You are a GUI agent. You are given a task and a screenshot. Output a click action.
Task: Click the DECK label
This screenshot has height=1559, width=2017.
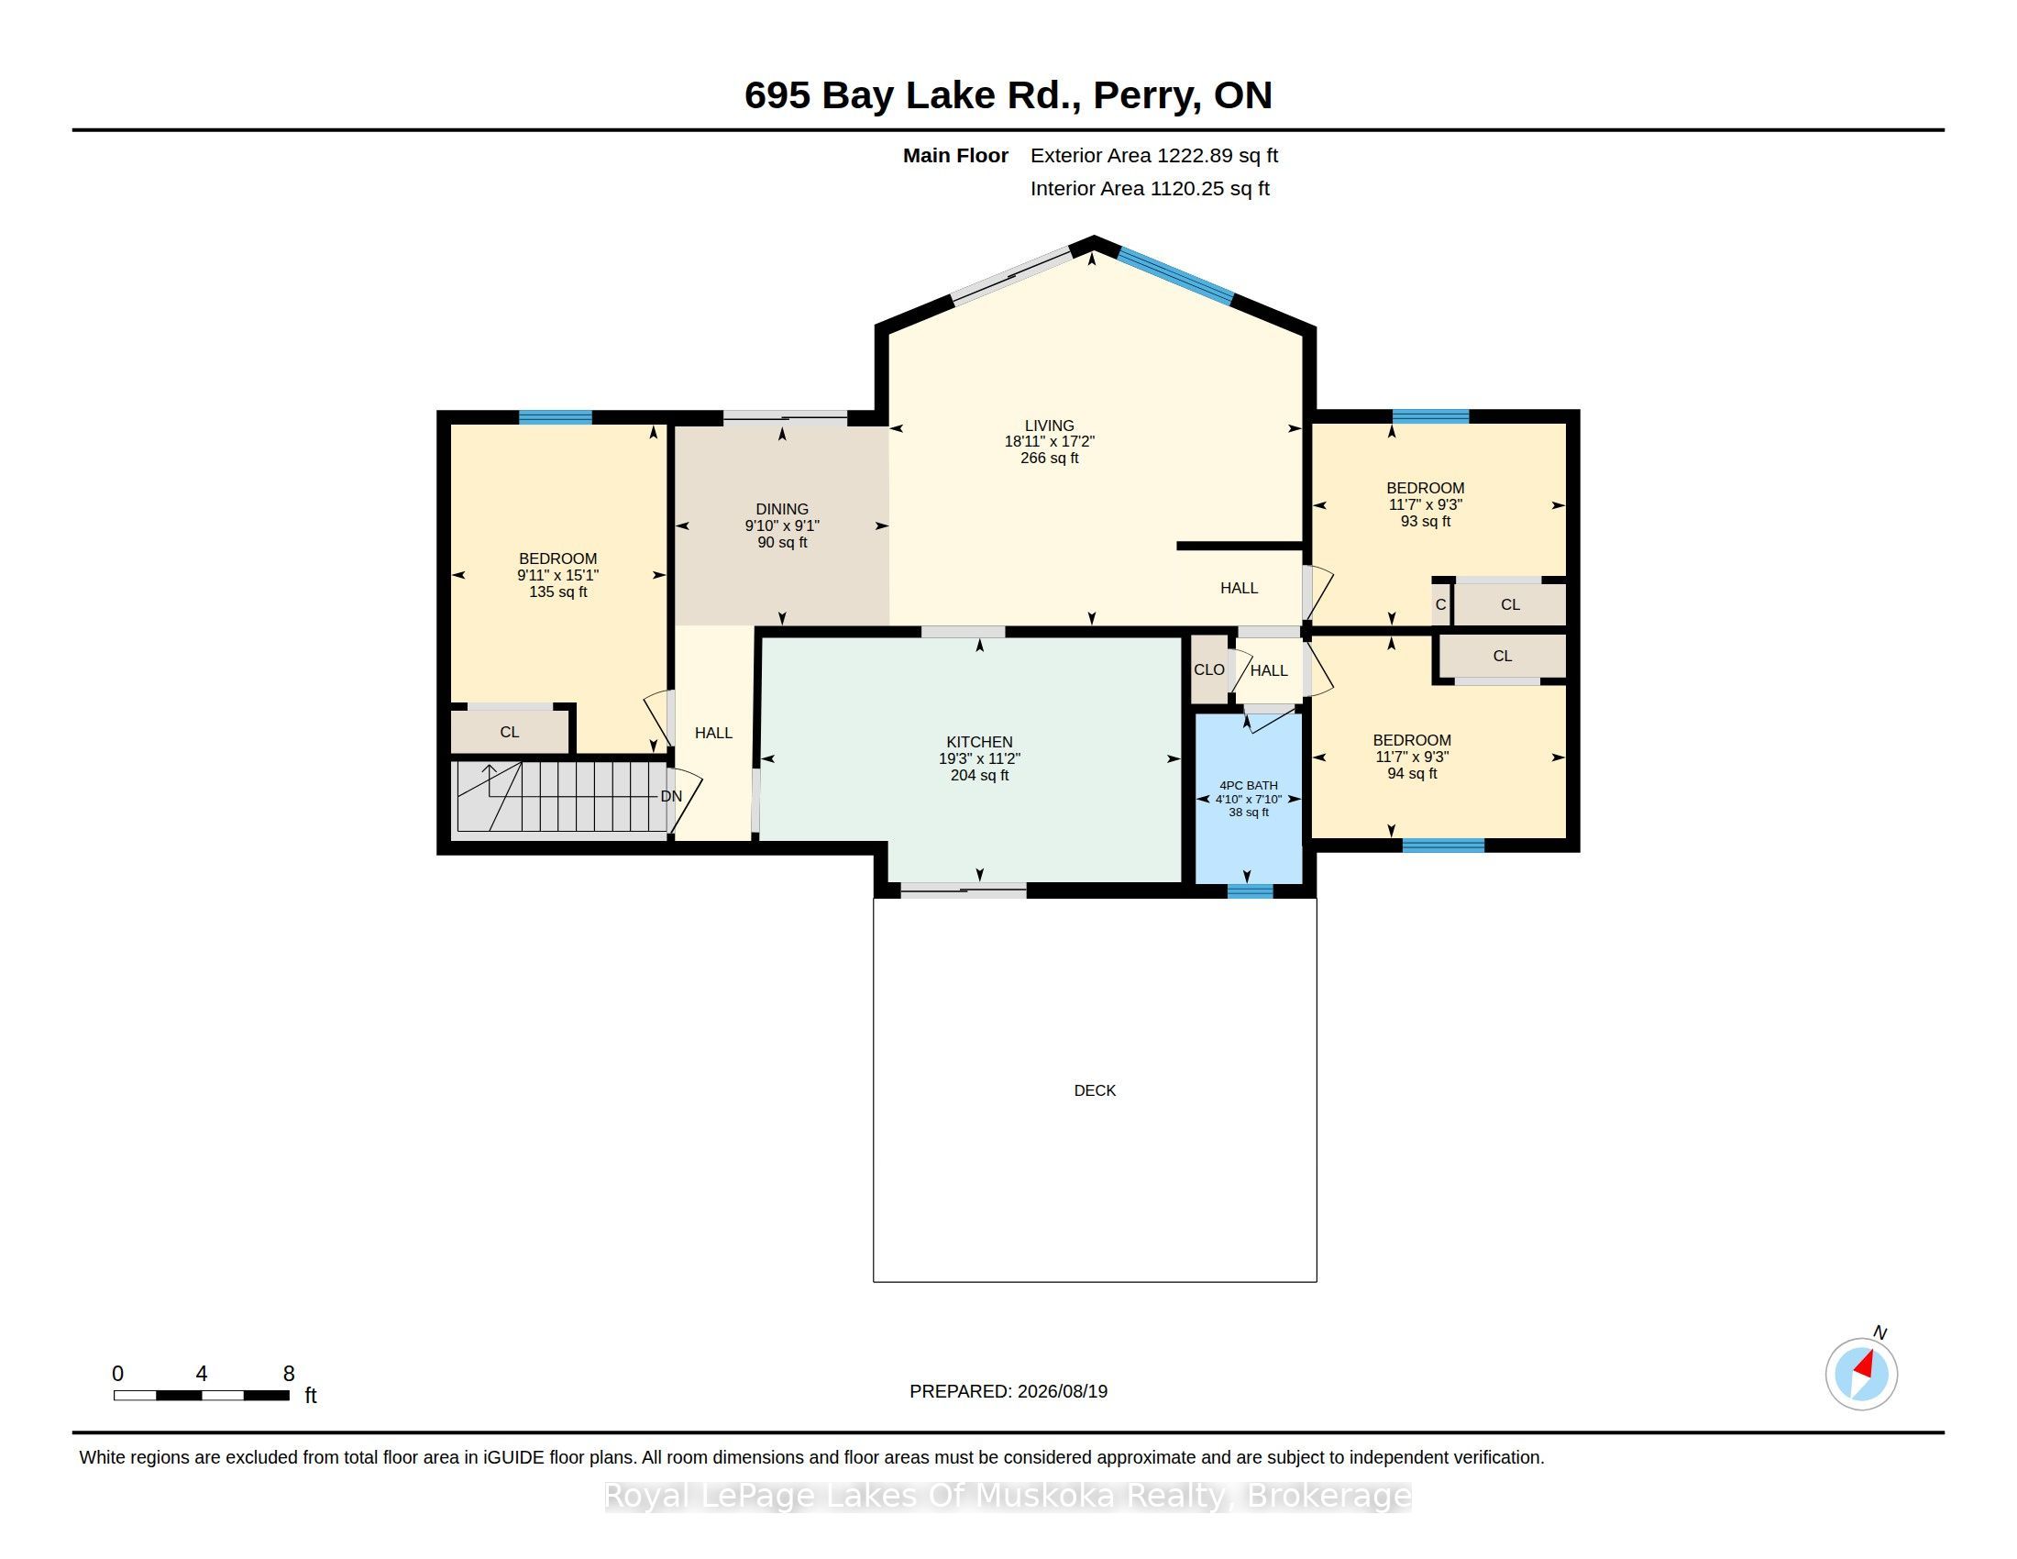(x=1095, y=1090)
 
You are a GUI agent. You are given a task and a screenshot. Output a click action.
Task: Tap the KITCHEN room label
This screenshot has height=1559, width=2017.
(x=979, y=742)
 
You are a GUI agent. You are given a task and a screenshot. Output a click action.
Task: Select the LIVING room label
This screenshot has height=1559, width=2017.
(x=1049, y=426)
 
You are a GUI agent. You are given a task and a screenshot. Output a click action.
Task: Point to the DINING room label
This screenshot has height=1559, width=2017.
(x=781, y=509)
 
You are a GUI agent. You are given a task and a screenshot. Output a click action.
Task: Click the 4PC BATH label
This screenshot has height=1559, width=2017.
(x=1249, y=786)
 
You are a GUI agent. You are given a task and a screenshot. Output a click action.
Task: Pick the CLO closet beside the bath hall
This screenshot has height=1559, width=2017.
(x=1209, y=669)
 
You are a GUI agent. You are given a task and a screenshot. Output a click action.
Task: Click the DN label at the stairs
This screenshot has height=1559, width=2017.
(x=671, y=796)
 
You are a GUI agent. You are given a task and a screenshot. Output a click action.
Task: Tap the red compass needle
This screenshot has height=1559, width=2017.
(x=1864, y=1365)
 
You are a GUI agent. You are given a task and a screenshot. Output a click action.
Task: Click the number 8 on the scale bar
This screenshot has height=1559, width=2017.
(x=289, y=1374)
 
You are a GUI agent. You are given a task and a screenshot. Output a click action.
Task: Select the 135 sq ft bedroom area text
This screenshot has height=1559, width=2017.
(x=557, y=592)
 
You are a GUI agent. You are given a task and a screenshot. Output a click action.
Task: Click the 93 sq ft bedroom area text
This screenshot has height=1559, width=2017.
(x=1425, y=521)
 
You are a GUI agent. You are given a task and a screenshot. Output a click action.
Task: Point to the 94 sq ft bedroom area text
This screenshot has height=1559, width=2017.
(x=1412, y=773)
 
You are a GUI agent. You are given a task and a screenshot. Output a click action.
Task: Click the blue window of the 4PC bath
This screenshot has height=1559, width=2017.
(x=1250, y=891)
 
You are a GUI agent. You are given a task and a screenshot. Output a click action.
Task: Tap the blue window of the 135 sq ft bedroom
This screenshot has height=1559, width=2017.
(x=555, y=417)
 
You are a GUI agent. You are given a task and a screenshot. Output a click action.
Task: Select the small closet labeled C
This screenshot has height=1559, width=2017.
(x=1440, y=605)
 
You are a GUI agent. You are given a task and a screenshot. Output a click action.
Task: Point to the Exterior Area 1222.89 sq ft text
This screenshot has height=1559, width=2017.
(x=1154, y=155)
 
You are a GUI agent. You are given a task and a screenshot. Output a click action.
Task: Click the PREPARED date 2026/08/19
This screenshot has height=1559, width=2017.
(x=1062, y=1391)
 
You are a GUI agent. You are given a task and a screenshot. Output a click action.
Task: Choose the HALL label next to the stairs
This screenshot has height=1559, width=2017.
(x=714, y=733)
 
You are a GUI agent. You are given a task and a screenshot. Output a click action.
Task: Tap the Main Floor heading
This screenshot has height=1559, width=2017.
(x=956, y=155)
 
